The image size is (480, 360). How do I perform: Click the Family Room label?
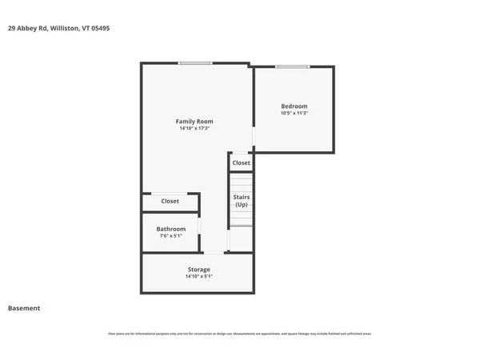point(194,122)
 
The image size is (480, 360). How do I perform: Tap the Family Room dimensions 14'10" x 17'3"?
point(194,128)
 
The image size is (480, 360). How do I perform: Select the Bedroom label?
point(294,106)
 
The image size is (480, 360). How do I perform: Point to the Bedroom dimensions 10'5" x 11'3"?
point(294,114)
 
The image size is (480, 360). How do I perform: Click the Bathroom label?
point(170,229)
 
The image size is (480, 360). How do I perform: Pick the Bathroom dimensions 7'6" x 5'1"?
point(170,236)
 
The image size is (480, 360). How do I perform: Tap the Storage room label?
point(198,270)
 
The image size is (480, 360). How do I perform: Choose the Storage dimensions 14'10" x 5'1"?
point(198,277)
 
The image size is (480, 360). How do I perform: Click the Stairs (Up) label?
point(241,200)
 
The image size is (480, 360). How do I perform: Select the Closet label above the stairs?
point(241,162)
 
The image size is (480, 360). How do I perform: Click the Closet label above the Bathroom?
point(170,202)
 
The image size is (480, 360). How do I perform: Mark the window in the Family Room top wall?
point(195,64)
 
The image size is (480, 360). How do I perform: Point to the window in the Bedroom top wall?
point(292,66)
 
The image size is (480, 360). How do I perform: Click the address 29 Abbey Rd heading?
point(28,28)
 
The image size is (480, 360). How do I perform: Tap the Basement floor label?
point(24,308)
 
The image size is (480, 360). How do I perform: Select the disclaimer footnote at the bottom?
point(239,334)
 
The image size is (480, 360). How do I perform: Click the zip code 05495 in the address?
point(100,28)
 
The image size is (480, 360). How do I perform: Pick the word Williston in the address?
point(64,28)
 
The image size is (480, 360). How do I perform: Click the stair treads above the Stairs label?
point(241,183)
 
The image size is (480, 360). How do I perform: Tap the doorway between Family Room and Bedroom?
point(254,139)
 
